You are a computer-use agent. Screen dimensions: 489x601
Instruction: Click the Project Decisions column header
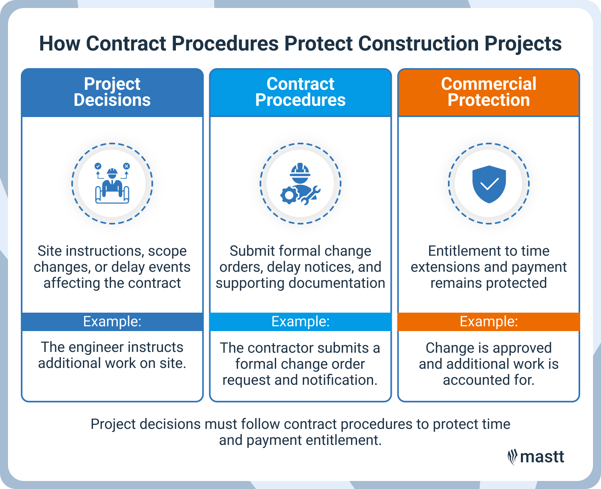click(112, 92)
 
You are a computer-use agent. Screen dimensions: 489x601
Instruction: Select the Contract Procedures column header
click(300, 92)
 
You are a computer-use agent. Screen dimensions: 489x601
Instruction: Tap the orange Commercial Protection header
click(489, 92)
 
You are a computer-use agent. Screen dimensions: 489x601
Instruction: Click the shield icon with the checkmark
click(489, 184)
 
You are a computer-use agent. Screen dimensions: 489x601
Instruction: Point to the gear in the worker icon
click(289, 195)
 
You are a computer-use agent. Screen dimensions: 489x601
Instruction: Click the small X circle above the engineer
click(127, 166)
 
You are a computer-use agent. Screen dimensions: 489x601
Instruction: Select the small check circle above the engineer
click(98, 166)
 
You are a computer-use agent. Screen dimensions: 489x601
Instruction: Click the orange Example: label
click(489, 321)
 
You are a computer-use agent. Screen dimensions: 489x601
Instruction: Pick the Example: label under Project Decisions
click(112, 321)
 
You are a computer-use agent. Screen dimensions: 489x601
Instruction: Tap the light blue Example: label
click(300, 321)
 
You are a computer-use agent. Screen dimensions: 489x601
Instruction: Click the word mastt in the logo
click(542, 457)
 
